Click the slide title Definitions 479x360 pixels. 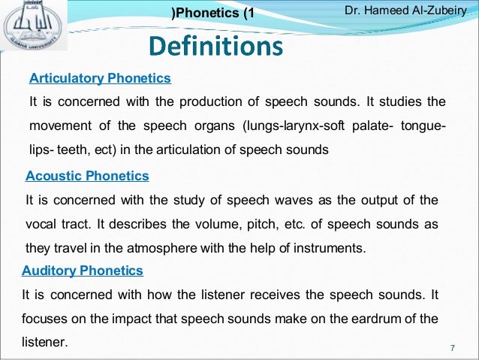pyautogui.click(x=215, y=47)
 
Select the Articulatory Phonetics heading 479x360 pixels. pyautogui.click(x=100, y=77)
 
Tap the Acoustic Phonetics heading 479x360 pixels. pyautogui.click(x=87, y=176)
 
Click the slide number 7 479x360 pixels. pyautogui.click(x=453, y=347)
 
